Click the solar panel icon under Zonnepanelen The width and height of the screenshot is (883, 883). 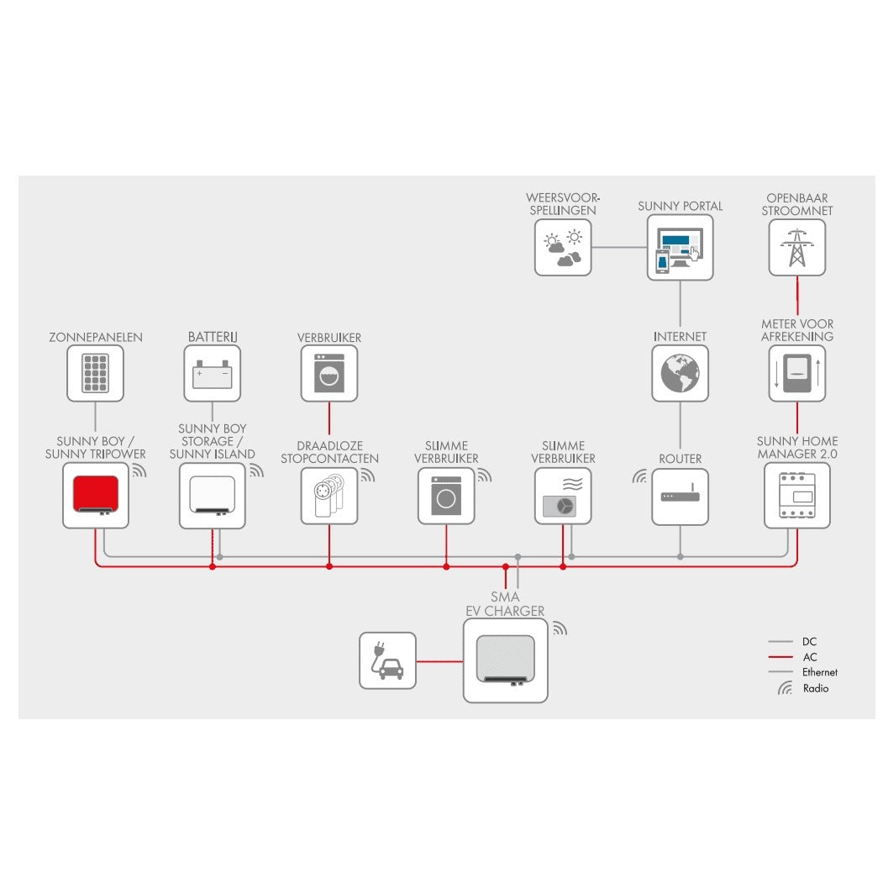click(x=95, y=373)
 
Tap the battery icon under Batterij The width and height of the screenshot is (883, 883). click(x=212, y=373)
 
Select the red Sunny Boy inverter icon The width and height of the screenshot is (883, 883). click(x=96, y=495)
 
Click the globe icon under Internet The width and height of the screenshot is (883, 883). click(x=680, y=373)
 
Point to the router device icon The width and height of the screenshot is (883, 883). click(x=680, y=497)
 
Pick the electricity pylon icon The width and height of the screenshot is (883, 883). click(x=796, y=246)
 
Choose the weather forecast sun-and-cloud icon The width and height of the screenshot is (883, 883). click(x=563, y=247)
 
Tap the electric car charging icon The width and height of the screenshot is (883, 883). click(x=387, y=660)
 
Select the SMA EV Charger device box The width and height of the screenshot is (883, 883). click(x=505, y=660)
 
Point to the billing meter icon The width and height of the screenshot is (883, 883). click(x=796, y=373)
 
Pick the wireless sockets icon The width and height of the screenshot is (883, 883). click(x=328, y=497)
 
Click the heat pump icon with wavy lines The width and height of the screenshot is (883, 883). click(x=563, y=497)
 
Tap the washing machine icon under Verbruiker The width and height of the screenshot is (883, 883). click(x=328, y=373)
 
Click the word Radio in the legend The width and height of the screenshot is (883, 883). click(x=815, y=688)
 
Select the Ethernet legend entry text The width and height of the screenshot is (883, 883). click(x=819, y=672)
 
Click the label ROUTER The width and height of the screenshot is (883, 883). click(x=680, y=459)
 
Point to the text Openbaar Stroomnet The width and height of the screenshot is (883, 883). click(x=796, y=204)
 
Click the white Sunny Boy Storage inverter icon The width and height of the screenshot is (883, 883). click(x=212, y=495)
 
